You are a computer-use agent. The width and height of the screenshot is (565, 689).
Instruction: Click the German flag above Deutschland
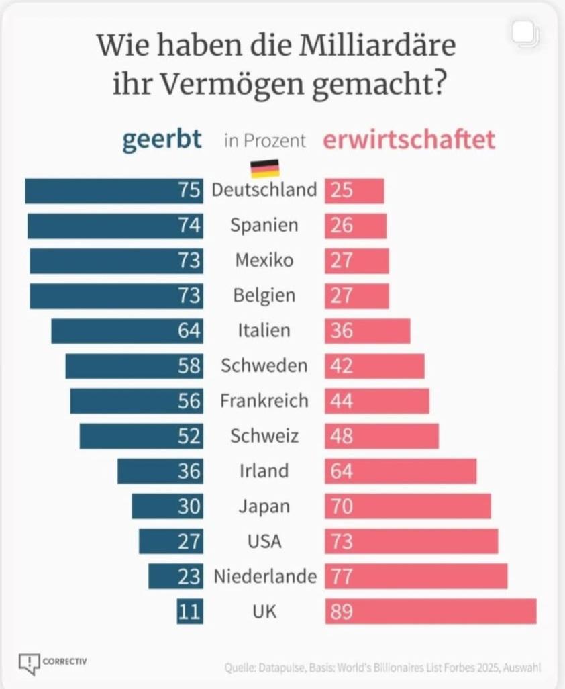point(264,169)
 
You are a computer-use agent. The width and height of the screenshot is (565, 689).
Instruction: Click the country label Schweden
point(264,366)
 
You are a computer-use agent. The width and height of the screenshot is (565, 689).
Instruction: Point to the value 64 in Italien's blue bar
point(189,331)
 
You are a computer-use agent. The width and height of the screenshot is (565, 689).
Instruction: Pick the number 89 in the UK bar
point(342,612)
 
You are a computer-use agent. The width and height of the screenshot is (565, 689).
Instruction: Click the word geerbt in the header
point(162,140)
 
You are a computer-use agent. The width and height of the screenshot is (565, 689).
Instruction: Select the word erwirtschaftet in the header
point(409,140)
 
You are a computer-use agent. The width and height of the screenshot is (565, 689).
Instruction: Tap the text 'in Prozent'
point(264,141)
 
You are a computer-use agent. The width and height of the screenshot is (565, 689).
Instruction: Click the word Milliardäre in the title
point(363,46)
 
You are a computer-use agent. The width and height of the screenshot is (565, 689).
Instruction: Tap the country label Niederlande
point(264,576)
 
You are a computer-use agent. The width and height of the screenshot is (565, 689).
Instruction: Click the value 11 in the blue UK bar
point(189,612)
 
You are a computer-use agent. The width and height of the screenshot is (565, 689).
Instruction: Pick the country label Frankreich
point(264,401)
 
